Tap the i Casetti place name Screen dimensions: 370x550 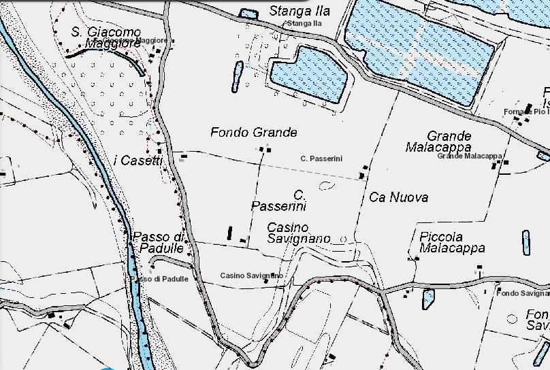(138, 161)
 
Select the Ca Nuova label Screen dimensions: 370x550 (398, 197)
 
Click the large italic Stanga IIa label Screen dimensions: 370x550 (300, 11)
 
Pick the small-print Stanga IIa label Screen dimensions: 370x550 (303, 24)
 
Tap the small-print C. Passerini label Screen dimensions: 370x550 (321, 158)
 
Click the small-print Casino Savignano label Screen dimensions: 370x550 (251, 275)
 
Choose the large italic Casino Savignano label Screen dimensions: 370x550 (297, 233)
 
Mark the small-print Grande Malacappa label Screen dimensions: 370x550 (469, 156)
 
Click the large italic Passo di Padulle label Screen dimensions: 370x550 (159, 243)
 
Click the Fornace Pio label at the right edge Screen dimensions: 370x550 (525, 111)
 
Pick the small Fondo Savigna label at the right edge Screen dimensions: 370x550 (523, 293)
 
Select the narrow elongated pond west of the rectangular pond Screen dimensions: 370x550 (237, 76)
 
